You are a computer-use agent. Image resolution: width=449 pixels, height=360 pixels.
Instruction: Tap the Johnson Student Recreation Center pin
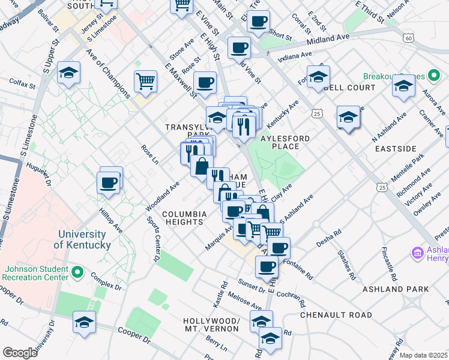click(77, 272)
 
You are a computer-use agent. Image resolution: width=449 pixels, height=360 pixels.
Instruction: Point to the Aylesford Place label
click(286, 142)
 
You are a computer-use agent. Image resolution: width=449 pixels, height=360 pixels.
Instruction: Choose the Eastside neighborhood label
click(395, 148)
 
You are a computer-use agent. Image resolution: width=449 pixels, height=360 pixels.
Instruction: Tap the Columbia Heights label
click(184, 218)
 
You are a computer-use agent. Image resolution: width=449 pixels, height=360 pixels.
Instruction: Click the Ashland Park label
click(396, 289)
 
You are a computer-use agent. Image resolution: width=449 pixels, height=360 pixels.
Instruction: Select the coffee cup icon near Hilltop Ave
click(109, 182)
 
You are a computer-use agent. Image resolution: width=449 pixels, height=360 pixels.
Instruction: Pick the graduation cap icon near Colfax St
click(69, 74)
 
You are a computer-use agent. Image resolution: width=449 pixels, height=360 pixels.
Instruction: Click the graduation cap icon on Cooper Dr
click(85, 323)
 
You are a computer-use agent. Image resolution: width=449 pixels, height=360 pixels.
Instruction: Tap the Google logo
click(20, 352)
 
